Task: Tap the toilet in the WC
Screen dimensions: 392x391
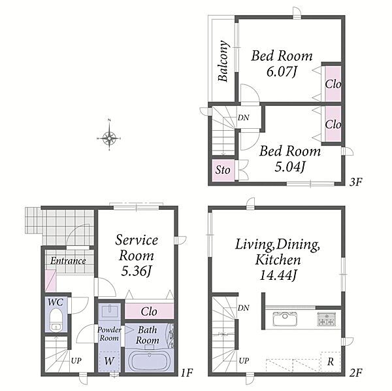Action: click(x=56, y=320)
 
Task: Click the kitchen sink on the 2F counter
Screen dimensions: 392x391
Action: click(x=285, y=318)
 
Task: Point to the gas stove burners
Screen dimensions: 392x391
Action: click(x=327, y=320)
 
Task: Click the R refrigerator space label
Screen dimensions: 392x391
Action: click(x=331, y=362)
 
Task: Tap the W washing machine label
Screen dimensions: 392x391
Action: click(x=109, y=361)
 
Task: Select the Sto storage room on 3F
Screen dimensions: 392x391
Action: click(x=223, y=171)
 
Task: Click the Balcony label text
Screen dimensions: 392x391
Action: click(x=223, y=61)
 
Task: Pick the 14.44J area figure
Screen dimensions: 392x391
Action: click(x=278, y=276)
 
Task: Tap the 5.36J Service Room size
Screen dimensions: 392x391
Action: click(x=137, y=271)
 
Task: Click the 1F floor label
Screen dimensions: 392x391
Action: click(x=187, y=373)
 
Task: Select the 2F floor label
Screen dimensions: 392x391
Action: click(x=356, y=373)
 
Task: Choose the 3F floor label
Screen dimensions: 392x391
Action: click(x=355, y=182)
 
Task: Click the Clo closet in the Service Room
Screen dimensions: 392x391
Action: click(x=149, y=311)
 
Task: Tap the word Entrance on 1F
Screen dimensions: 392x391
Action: click(x=68, y=261)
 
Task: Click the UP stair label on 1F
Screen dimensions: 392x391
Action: click(x=76, y=361)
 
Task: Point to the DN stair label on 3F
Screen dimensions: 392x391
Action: click(x=243, y=118)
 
